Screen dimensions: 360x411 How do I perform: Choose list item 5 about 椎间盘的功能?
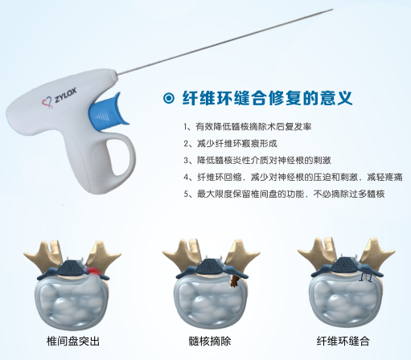pos(280,193)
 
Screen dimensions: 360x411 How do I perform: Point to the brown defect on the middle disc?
pos(233,280)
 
